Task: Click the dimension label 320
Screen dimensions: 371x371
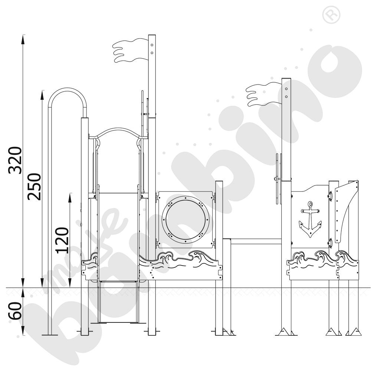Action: point(15,160)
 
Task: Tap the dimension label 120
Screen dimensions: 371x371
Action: point(63,240)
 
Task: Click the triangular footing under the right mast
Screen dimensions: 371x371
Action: point(286,331)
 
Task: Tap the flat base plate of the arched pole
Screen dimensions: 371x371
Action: point(50,334)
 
